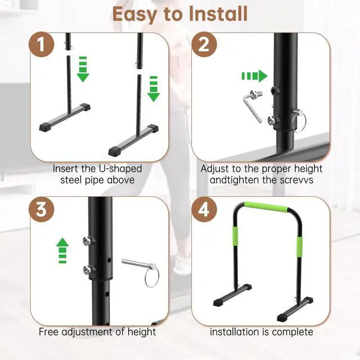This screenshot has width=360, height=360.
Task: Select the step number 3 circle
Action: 43,210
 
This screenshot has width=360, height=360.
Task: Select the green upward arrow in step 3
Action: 62,249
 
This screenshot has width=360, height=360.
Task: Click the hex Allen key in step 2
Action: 251,106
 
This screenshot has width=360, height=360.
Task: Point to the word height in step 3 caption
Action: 142,331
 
